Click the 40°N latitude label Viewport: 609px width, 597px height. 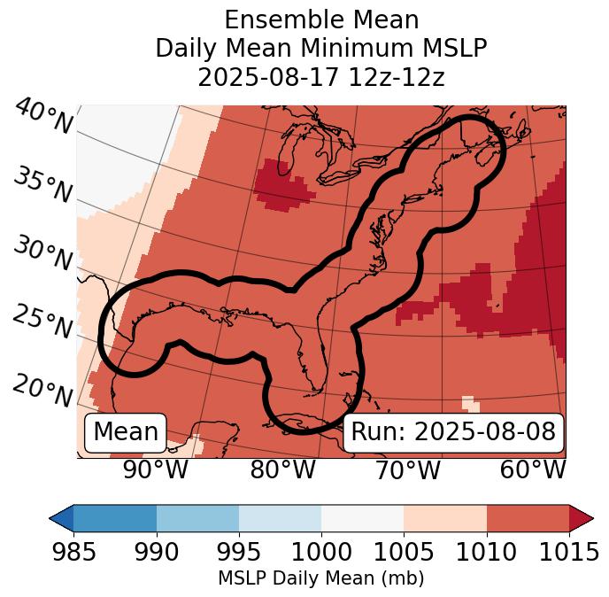42,118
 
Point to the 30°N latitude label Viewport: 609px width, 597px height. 42,254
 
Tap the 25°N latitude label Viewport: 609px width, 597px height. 42,322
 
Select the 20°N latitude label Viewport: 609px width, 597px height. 42,391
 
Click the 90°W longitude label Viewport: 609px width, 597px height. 156,470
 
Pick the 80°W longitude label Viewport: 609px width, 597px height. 282,470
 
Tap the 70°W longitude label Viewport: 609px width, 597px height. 408,470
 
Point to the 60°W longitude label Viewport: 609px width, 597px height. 533,470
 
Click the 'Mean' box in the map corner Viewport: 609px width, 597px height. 126,432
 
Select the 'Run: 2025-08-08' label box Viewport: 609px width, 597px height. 453,432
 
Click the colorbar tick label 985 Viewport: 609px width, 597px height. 73,553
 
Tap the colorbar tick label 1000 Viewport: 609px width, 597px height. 320,553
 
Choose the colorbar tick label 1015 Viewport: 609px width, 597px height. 569,553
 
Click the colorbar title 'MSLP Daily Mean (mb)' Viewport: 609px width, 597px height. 320,579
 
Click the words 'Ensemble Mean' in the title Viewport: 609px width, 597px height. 320,20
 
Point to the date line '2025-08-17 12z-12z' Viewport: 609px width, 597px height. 320,77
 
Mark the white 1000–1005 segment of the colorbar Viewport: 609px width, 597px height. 362,518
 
